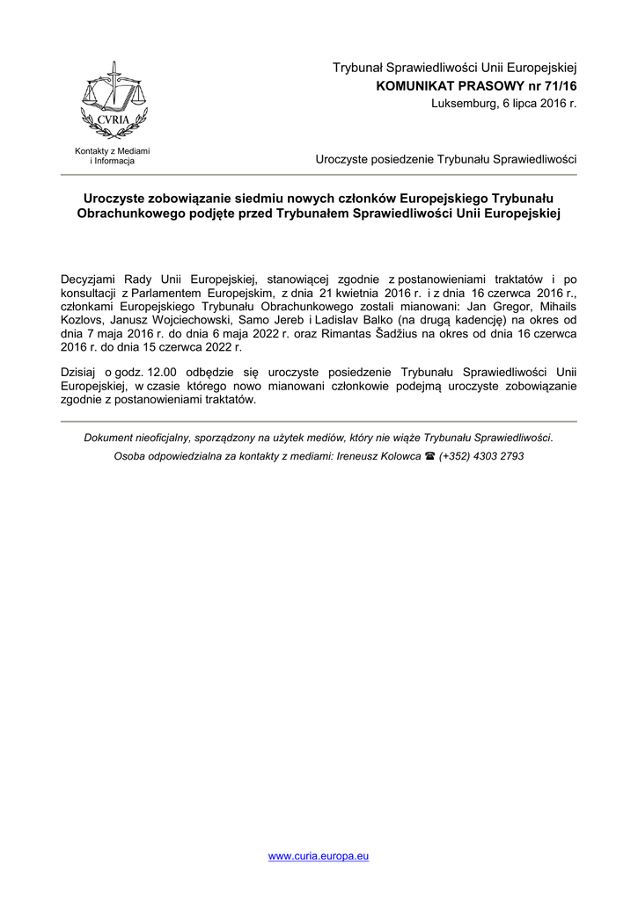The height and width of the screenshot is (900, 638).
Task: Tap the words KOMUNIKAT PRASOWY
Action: pyautogui.click(x=445, y=86)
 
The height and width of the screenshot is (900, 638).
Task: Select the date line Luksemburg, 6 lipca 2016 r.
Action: pyautogui.click(x=503, y=104)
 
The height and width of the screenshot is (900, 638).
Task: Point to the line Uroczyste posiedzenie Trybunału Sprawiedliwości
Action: pyautogui.click(x=445, y=159)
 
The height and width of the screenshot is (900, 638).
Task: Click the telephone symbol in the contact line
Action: pyautogui.click(x=430, y=457)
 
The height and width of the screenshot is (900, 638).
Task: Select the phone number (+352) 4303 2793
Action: pyautogui.click(x=481, y=457)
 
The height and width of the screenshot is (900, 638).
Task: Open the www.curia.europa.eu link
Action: pyautogui.click(x=319, y=856)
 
